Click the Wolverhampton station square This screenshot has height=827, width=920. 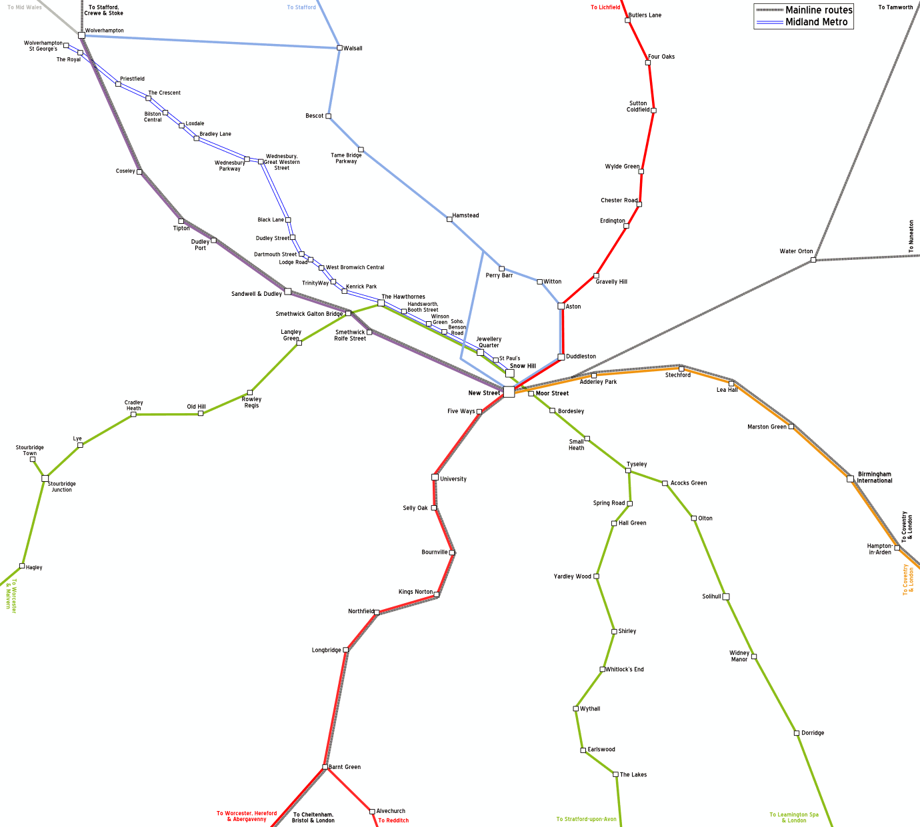(81, 35)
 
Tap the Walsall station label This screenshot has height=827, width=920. (353, 49)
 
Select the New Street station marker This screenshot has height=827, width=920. (509, 392)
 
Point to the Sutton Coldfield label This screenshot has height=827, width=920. (638, 107)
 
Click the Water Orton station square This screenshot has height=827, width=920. (813, 260)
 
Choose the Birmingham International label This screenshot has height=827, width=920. (874, 478)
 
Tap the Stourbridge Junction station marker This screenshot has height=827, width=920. (45, 478)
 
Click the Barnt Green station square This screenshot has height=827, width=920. (325, 767)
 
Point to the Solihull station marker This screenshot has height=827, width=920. (726, 596)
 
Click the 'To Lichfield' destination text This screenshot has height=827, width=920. (605, 7)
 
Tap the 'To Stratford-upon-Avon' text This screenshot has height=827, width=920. (587, 820)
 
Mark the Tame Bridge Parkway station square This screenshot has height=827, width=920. (361, 150)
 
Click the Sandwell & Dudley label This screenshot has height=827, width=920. (257, 294)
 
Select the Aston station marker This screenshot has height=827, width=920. (561, 307)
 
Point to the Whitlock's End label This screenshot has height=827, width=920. (625, 670)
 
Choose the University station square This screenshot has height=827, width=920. (435, 477)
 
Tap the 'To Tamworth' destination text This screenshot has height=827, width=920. (895, 7)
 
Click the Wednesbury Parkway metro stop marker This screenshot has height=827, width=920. (247, 159)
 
